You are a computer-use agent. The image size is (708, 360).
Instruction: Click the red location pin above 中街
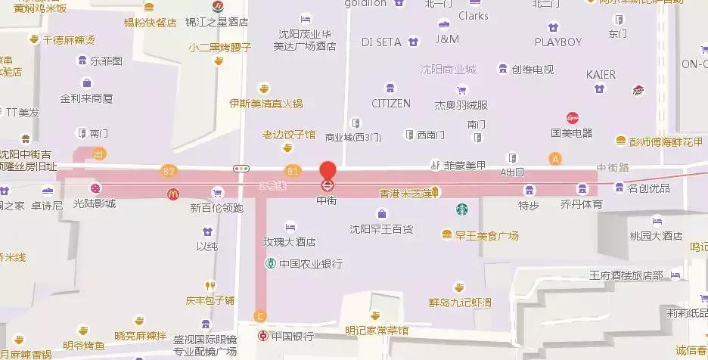(x=327, y=170)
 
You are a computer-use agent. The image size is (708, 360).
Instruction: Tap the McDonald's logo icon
(x=172, y=194)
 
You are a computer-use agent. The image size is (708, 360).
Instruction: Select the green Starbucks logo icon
(x=461, y=209)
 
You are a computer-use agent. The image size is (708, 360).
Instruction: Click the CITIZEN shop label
(x=390, y=103)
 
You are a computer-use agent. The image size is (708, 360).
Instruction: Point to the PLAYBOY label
(x=557, y=42)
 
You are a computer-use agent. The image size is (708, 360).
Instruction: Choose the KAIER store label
(x=601, y=75)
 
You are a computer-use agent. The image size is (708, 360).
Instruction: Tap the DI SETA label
(x=383, y=41)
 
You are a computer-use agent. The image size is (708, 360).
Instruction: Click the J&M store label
(x=447, y=39)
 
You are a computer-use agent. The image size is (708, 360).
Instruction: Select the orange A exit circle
(x=555, y=159)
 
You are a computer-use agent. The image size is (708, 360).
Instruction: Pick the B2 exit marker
(x=168, y=171)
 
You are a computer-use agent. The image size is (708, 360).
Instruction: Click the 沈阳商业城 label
(x=449, y=69)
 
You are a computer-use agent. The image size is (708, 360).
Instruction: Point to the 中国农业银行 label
(x=310, y=264)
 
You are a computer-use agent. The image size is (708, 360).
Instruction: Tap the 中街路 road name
(x=612, y=168)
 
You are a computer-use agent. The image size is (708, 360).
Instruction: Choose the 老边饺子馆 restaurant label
(x=288, y=135)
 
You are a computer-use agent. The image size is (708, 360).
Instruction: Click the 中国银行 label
(x=291, y=336)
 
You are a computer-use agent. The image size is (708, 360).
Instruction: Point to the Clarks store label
(x=473, y=15)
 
